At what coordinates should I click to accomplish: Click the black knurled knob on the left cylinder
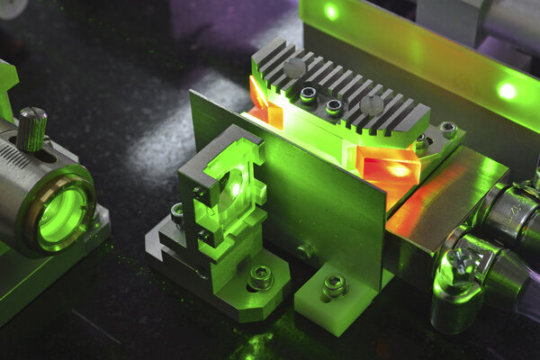point(31,128)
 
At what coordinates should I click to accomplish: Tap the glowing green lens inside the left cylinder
point(62,220)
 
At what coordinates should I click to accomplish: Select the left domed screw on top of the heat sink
point(294,68)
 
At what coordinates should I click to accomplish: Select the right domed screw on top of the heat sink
point(372,105)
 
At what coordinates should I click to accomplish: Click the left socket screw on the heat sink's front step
point(309,94)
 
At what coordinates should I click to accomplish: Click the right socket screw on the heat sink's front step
point(334,107)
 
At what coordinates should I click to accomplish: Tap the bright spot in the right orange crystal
point(396,169)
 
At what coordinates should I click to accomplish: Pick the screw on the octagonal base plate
point(261,277)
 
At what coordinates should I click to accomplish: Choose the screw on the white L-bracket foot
point(334,286)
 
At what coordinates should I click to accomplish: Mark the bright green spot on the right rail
point(508,91)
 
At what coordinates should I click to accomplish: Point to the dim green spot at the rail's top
point(332,12)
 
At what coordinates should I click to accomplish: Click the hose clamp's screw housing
point(462,264)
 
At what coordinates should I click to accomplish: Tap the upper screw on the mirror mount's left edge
point(195,192)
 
